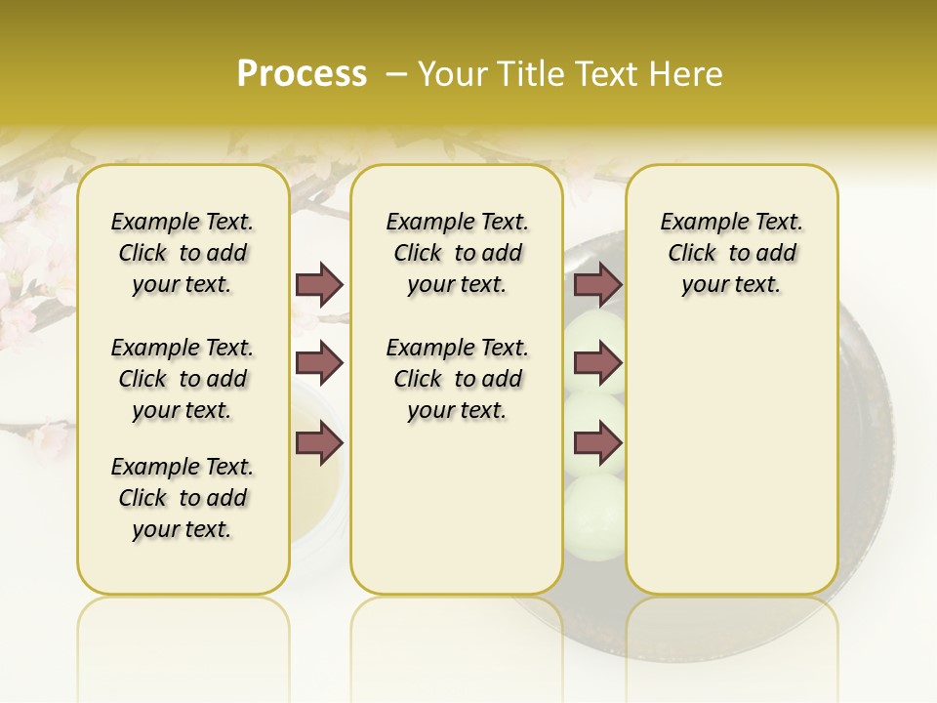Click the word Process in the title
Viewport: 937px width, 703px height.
[x=302, y=74]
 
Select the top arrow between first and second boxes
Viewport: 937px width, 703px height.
[x=319, y=284]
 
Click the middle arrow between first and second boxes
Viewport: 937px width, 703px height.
[x=319, y=364]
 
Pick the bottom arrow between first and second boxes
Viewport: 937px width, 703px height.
[x=319, y=444]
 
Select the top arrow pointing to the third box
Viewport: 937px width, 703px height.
[x=597, y=284]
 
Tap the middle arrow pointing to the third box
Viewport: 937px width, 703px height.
[x=597, y=364]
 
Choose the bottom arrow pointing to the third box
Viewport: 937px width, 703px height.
[x=597, y=444]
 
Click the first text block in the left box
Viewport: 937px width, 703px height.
[x=183, y=253]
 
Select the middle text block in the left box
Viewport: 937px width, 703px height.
[x=183, y=379]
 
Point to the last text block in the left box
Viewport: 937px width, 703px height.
[x=183, y=498]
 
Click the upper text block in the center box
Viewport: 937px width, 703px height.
[x=457, y=253]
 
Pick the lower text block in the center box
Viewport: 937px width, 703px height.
[x=457, y=379]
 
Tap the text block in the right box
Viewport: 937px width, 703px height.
[x=731, y=253]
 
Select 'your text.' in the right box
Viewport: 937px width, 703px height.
[x=731, y=285]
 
